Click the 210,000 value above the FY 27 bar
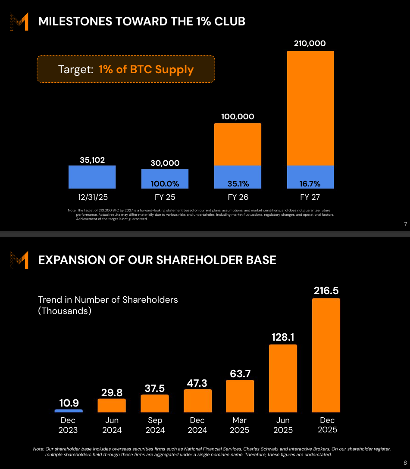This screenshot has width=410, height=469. tap(310, 43)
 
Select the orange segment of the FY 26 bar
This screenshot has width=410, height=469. tap(238, 144)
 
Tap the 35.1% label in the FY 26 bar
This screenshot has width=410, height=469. tap(238, 184)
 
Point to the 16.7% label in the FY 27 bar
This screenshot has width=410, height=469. tap(310, 184)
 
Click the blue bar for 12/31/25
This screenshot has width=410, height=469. tap(92, 177)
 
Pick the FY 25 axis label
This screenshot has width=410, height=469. tap(165, 197)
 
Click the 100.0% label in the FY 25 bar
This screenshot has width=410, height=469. tap(165, 184)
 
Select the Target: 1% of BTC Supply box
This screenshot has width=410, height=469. tap(126, 69)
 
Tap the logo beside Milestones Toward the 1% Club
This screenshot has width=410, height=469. tap(19, 22)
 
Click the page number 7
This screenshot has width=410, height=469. tap(405, 224)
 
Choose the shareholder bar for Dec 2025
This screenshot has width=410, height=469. tap(326, 355)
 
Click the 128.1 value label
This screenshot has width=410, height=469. tap(283, 337)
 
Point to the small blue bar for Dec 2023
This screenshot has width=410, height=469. tap(69, 411)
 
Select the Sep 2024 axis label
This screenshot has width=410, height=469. tap(155, 425)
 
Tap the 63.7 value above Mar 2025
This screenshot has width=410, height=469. tap(240, 373)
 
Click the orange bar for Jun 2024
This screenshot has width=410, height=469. tap(112, 405)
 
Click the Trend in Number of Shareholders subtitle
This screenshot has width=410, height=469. tap(108, 305)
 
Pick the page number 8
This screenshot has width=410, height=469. tap(404, 463)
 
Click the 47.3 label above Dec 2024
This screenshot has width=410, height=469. tap(197, 383)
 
